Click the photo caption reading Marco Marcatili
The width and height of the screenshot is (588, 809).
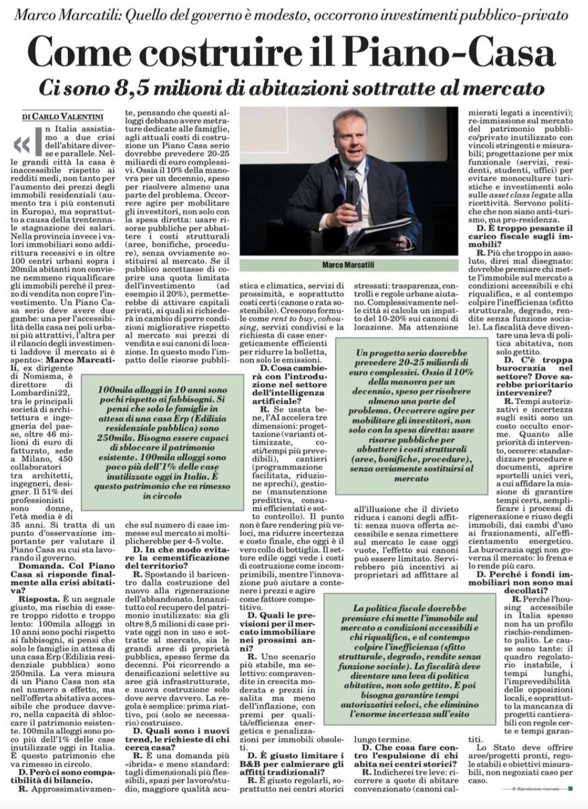(348, 265)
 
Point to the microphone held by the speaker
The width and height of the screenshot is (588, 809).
(350, 180)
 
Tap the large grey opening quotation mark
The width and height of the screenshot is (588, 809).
(23, 144)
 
